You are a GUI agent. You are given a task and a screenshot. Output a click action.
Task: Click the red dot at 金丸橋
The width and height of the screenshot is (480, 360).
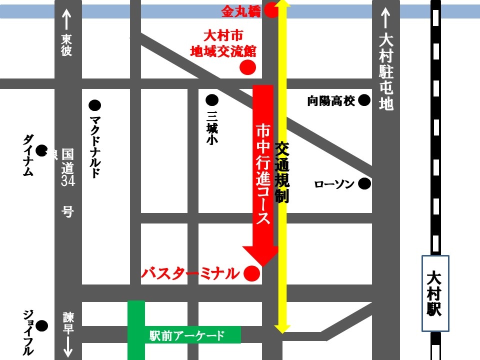pos(271,10)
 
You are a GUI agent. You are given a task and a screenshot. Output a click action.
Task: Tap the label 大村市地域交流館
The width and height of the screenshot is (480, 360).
pos(223,43)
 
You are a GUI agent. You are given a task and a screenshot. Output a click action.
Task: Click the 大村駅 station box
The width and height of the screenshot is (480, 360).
pos(434,293)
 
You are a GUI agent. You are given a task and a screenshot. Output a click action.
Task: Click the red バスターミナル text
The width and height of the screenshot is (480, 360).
pos(190,273)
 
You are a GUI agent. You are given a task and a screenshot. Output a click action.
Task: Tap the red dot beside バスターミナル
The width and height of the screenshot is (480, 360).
pos(251,273)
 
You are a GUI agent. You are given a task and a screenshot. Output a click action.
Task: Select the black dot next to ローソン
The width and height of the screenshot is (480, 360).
pos(365,184)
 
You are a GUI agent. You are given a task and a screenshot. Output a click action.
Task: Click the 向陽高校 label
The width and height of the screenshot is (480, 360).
pos(331,101)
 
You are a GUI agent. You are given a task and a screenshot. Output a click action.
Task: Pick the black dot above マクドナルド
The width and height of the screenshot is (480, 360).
pos(94,105)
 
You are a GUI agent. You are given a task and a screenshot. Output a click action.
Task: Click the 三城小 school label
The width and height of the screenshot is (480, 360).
pos(212,127)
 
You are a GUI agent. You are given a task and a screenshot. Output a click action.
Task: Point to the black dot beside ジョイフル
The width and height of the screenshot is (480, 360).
pos(42,326)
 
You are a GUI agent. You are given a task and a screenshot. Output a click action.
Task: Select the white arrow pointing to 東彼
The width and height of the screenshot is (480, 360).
pos(67,19)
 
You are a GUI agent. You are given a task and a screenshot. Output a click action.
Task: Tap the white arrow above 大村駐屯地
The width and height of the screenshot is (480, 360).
pos(385,20)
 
